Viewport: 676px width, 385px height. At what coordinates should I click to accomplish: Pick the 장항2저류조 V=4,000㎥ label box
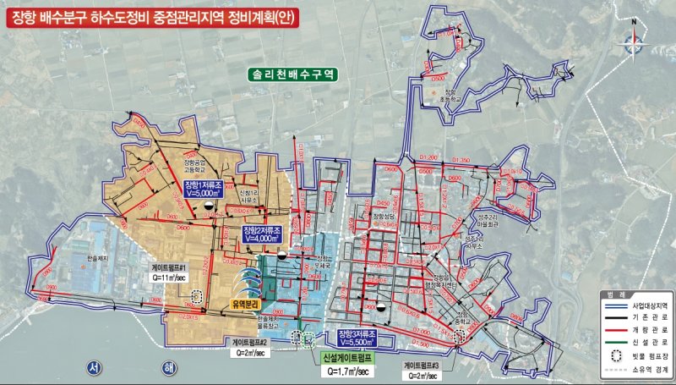(x=259, y=234)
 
